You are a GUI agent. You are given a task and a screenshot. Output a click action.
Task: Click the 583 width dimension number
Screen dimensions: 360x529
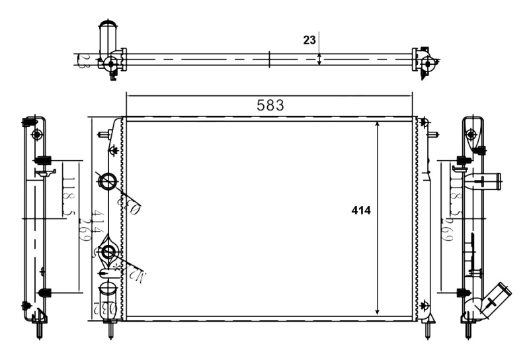tap(270, 105)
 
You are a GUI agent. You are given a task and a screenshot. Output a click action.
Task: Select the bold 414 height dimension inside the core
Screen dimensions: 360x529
tap(361, 210)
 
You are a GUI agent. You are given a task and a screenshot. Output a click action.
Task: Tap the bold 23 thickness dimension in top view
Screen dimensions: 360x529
tap(309, 40)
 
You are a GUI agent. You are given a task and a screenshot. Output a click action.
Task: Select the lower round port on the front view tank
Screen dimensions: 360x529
tap(108, 251)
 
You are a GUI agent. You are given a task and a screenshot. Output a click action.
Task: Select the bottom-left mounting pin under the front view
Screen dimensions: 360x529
tap(111, 329)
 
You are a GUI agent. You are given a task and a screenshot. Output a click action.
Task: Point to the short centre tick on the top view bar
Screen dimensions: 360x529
tap(270, 60)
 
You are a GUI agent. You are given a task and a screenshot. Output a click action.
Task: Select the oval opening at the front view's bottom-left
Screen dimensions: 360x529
tap(108, 292)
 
